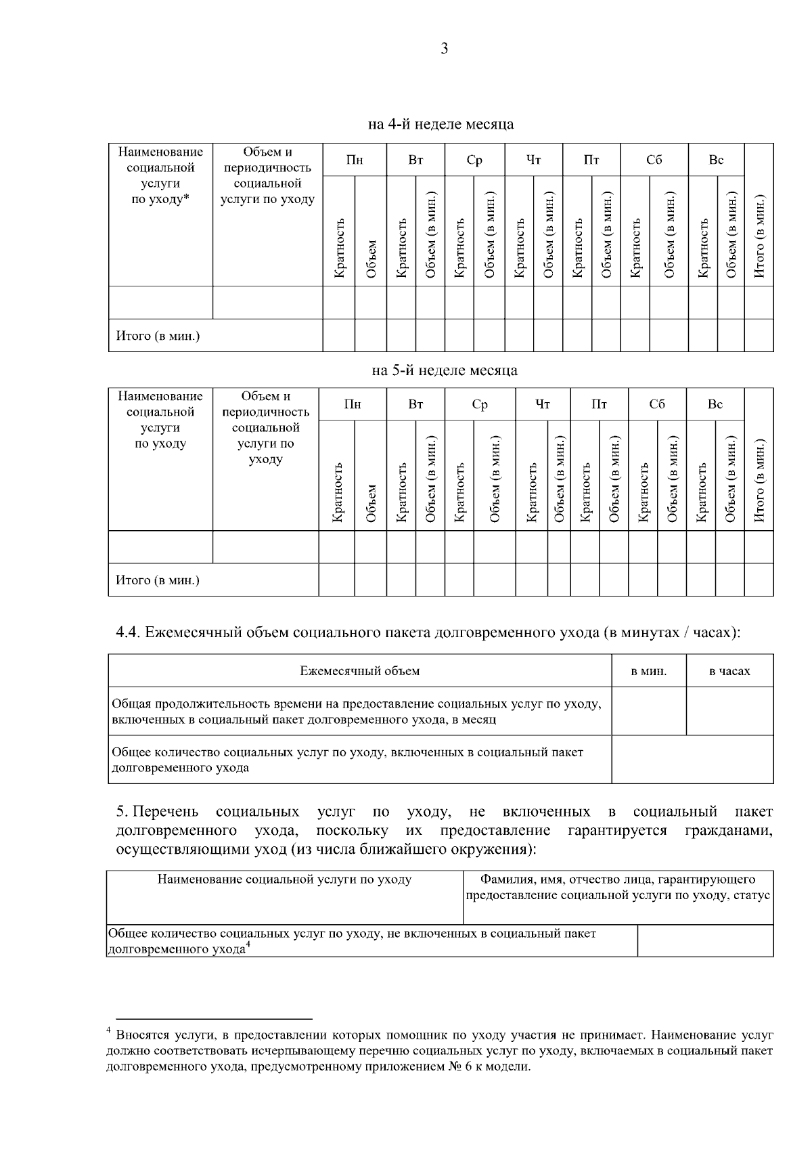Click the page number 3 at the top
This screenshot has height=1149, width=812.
[444, 49]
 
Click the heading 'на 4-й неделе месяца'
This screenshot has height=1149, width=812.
[441, 125]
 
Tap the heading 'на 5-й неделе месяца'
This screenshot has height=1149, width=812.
[445, 370]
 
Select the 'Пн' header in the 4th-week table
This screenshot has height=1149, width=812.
[355, 160]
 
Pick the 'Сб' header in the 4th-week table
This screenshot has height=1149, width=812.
[654, 160]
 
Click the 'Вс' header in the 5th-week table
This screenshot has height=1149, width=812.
[715, 404]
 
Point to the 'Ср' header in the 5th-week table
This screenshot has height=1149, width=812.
[480, 404]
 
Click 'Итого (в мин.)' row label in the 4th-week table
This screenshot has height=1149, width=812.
[158, 336]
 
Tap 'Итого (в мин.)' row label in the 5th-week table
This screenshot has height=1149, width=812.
[158, 580]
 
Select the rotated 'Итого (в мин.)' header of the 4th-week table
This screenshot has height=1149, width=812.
[759, 237]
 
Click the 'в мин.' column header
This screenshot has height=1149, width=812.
[649, 672]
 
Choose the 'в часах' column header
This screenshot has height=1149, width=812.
[729, 672]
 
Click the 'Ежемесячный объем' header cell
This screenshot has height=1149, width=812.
[360, 672]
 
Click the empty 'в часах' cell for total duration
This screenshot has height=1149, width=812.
[729, 712]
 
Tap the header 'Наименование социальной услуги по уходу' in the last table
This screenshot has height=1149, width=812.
[284, 880]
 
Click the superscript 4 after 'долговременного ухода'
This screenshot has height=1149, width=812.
[248, 946]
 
